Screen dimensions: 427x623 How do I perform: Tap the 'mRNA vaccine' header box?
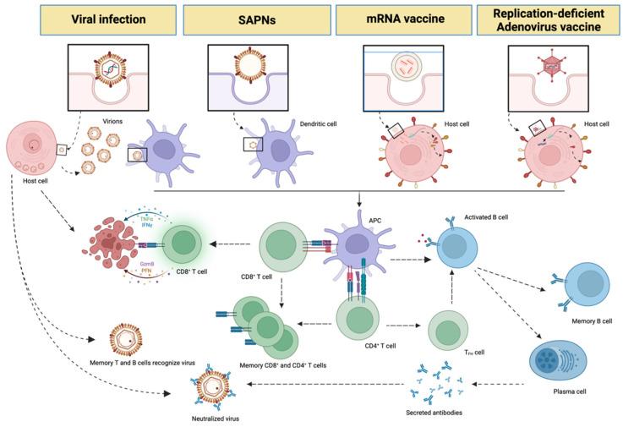click(402, 19)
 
